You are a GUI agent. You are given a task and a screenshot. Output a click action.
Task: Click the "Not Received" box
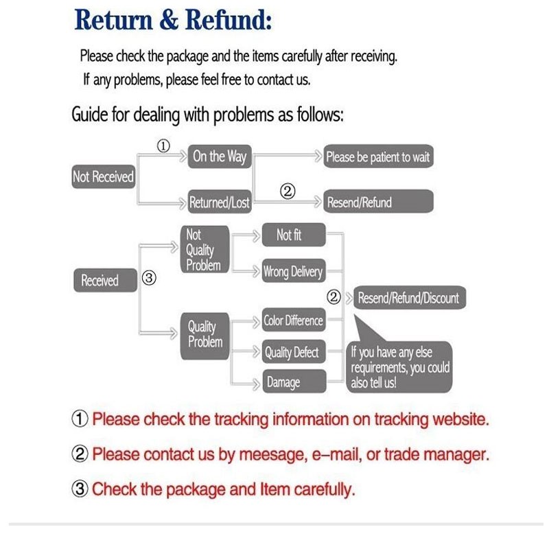point(103,177)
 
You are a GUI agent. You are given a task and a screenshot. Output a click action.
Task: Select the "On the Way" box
point(219,157)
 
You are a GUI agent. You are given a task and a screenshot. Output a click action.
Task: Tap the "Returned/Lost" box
point(219,202)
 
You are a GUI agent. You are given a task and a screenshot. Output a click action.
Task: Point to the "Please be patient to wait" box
point(378,157)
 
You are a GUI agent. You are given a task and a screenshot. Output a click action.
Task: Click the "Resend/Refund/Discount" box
point(408,299)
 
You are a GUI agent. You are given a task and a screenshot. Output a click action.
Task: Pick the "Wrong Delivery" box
point(293,272)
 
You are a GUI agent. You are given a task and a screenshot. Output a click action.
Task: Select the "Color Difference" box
point(293,320)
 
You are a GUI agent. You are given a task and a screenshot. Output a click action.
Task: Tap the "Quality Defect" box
point(292,353)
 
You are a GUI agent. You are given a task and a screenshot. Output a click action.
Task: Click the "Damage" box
point(283,382)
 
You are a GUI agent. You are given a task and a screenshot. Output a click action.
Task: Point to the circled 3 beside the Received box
point(150,279)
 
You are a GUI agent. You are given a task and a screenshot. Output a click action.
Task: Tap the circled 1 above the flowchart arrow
point(163,146)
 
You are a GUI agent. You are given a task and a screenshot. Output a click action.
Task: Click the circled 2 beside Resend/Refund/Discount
point(334,298)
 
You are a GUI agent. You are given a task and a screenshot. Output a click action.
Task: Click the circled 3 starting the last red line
point(80,489)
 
